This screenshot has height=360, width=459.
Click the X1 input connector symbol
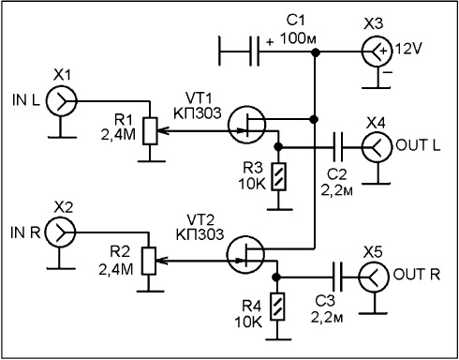click(61, 101)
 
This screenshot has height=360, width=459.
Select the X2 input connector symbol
click(61, 232)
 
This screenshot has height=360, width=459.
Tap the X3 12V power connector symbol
click(378, 52)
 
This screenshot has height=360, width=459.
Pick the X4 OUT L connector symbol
click(377, 146)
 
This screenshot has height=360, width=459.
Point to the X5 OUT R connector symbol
click(374, 277)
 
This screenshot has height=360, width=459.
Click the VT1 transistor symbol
click(247, 125)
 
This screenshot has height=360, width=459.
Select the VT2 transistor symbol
click(245, 255)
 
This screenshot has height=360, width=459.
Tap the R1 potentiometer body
click(150, 131)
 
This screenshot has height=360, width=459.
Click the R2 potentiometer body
click(149, 261)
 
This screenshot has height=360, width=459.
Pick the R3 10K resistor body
click(279, 176)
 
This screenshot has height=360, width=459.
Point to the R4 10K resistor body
click(277, 307)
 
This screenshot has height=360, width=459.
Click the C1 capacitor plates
click(254, 52)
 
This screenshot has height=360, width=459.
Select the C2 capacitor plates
click(337, 147)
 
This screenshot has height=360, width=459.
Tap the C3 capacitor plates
click(337, 277)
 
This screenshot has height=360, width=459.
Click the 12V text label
click(408, 49)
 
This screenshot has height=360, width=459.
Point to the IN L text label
click(26, 100)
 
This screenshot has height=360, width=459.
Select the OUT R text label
click(417, 274)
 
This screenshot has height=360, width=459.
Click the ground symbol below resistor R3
click(279, 209)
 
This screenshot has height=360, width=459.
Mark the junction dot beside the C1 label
click(316, 52)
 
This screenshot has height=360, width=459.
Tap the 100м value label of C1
click(298, 38)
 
